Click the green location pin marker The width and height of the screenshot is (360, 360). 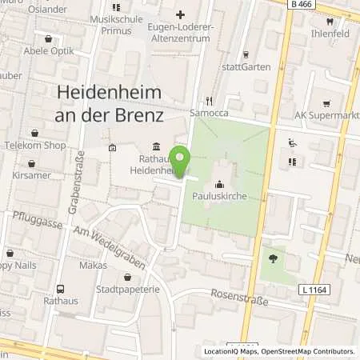182,162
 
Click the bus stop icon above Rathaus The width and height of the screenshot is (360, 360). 61,290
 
